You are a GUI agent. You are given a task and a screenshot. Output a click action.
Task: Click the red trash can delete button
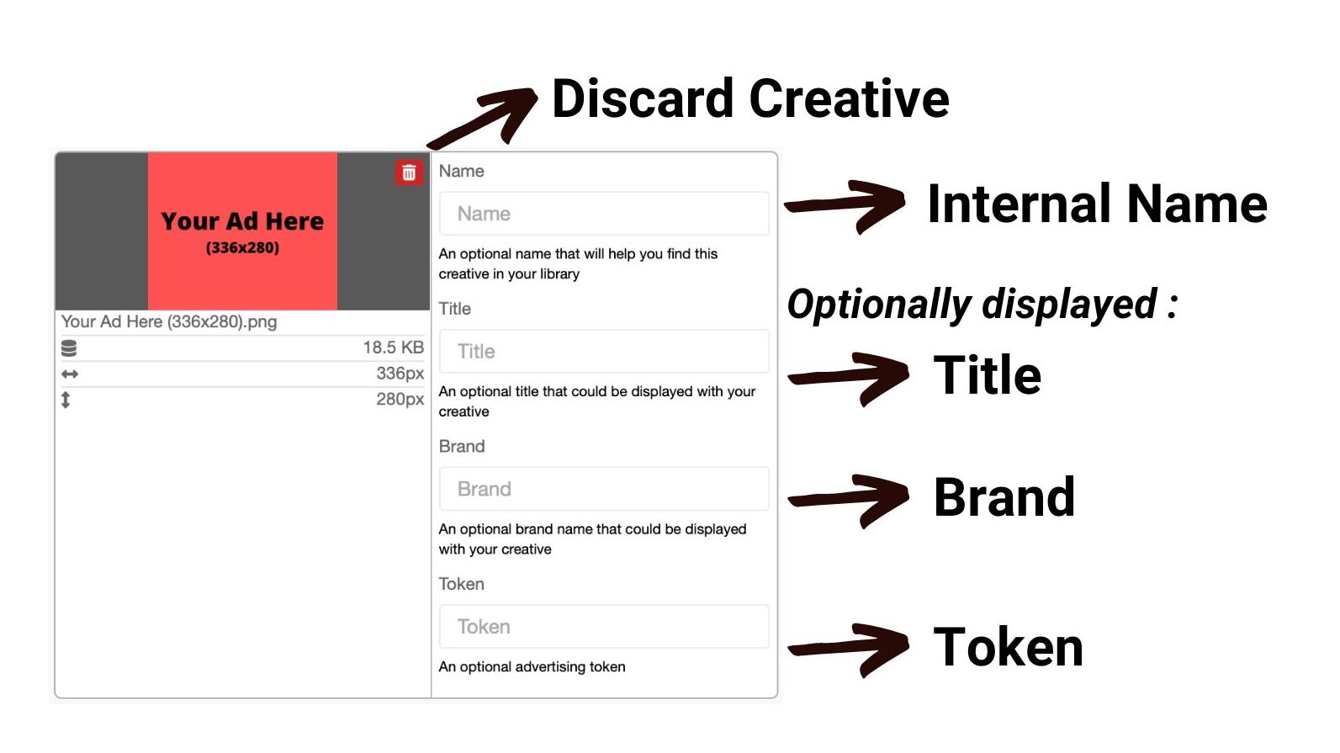click(x=409, y=172)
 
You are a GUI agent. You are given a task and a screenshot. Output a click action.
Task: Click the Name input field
click(x=604, y=214)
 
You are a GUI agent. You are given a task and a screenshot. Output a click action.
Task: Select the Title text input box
click(x=604, y=351)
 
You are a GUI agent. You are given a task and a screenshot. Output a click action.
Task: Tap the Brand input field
click(x=604, y=489)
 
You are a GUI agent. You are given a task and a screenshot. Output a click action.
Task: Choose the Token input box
click(x=604, y=626)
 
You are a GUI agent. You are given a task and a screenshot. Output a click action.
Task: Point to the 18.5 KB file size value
click(x=393, y=347)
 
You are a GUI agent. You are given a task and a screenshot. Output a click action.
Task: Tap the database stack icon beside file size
click(x=69, y=348)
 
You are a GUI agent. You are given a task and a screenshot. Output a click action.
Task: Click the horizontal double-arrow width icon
click(x=69, y=374)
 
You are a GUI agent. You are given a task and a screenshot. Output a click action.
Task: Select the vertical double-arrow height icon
click(x=66, y=400)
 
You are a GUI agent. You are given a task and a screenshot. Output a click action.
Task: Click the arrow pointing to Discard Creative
click(x=485, y=117)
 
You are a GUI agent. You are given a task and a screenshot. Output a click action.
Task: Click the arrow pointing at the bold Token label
click(x=850, y=650)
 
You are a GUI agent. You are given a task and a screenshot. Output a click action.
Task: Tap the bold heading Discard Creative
click(x=750, y=98)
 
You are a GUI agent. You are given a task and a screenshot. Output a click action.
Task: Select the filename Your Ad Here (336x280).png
click(x=169, y=321)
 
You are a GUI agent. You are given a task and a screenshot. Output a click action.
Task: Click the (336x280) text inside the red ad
click(x=242, y=247)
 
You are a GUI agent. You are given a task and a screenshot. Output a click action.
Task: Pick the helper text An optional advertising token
click(x=532, y=667)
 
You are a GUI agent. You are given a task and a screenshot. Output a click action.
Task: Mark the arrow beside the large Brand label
click(x=850, y=500)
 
